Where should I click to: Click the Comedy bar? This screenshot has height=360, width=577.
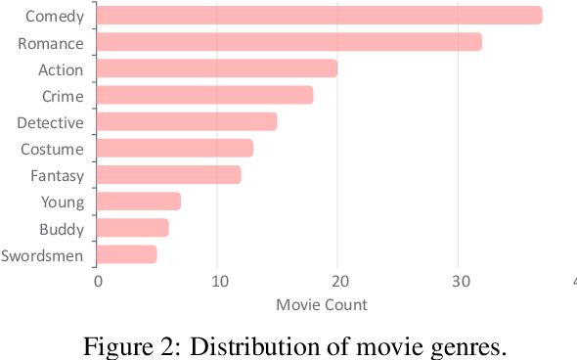click(319, 16)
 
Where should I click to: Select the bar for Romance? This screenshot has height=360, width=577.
click(289, 42)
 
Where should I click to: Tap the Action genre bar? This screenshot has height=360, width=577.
click(217, 68)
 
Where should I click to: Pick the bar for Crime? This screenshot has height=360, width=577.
click(205, 95)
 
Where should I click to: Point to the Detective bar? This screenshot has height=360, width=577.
click(187, 121)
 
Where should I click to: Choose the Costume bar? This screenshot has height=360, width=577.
click(175, 148)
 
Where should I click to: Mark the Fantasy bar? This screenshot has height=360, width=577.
click(169, 175)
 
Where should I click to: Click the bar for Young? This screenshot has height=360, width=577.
click(139, 202)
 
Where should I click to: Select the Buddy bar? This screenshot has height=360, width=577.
click(133, 228)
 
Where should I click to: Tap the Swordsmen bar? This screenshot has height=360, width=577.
click(127, 254)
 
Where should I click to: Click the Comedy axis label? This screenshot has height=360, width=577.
click(54, 17)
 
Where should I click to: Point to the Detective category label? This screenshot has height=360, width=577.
click(50, 122)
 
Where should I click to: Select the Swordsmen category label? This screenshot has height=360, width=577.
click(43, 255)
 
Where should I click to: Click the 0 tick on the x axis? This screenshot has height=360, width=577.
click(98, 283)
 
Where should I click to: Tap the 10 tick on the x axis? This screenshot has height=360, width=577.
click(217, 283)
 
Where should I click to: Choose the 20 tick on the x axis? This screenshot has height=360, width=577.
click(337, 283)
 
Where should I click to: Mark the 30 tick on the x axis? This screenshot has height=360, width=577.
click(458, 283)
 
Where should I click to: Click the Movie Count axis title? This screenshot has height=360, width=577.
click(322, 304)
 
